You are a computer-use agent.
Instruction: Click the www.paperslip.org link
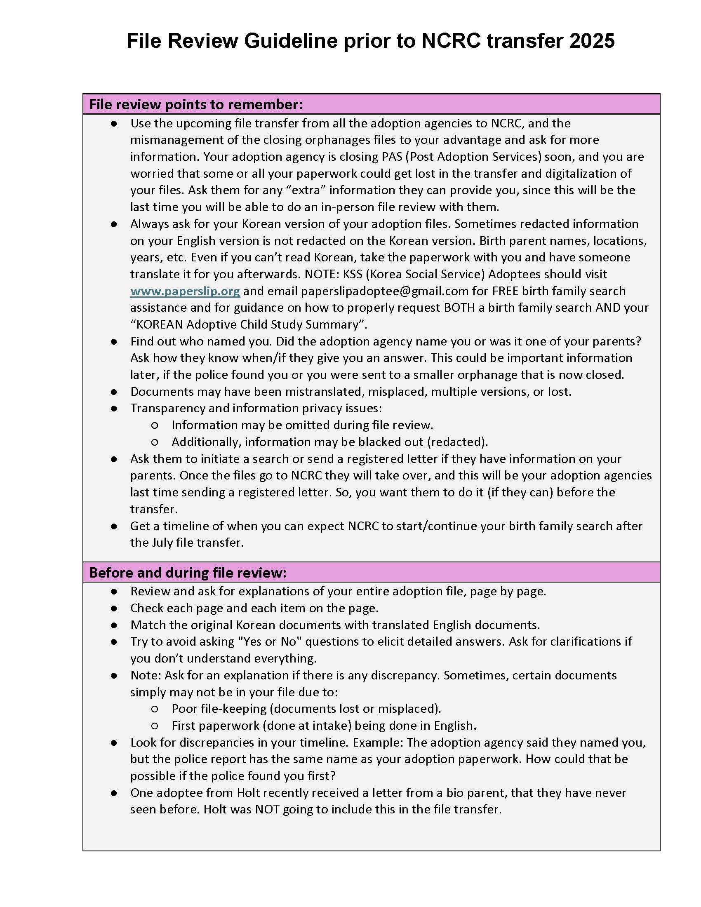click(x=185, y=291)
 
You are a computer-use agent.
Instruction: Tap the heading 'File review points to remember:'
click(x=195, y=104)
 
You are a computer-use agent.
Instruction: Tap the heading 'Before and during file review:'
click(x=188, y=573)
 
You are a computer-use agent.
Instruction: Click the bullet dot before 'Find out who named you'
click(x=113, y=342)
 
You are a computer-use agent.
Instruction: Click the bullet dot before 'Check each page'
click(x=113, y=609)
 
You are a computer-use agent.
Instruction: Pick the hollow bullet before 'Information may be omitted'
click(x=155, y=425)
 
